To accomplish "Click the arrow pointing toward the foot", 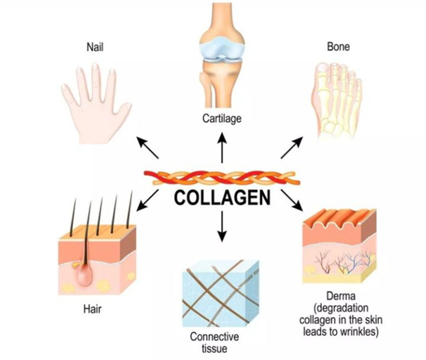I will click(293, 148).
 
